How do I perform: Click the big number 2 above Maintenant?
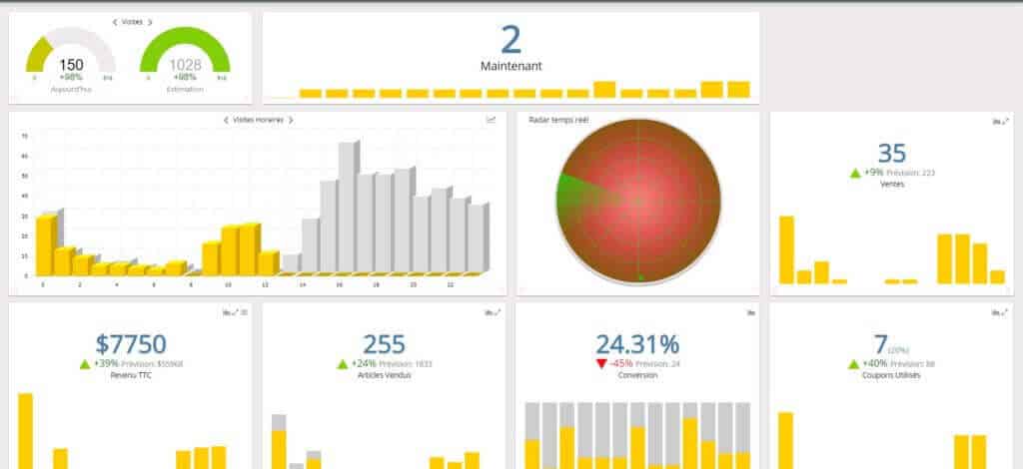(x=511, y=40)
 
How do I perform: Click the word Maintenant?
(x=511, y=67)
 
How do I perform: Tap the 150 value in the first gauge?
(x=71, y=65)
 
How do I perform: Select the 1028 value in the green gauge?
(x=185, y=65)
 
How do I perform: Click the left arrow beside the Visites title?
(x=114, y=22)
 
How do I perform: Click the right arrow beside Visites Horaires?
(x=291, y=120)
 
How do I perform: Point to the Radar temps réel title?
(x=557, y=120)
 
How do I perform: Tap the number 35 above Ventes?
(x=891, y=153)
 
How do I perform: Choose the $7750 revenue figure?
(x=131, y=344)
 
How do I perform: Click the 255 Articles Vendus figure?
(x=384, y=344)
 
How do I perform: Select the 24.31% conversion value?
(x=637, y=344)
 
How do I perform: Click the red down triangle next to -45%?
(x=600, y=363)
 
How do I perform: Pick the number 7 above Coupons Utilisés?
(x=880, y=344)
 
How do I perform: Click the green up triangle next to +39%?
(x=85, y=363)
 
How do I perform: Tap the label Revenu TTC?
(x=130, y=375)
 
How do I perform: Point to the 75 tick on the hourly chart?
(x=24, y=136)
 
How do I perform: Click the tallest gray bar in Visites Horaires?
(x=346, y=206)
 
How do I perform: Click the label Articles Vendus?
(x=384, y=375)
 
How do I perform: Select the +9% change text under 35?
(x=874, y=173)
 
